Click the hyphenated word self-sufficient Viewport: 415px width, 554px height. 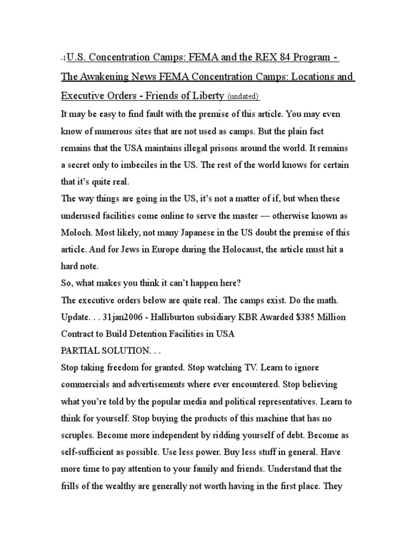pos(90,452)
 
